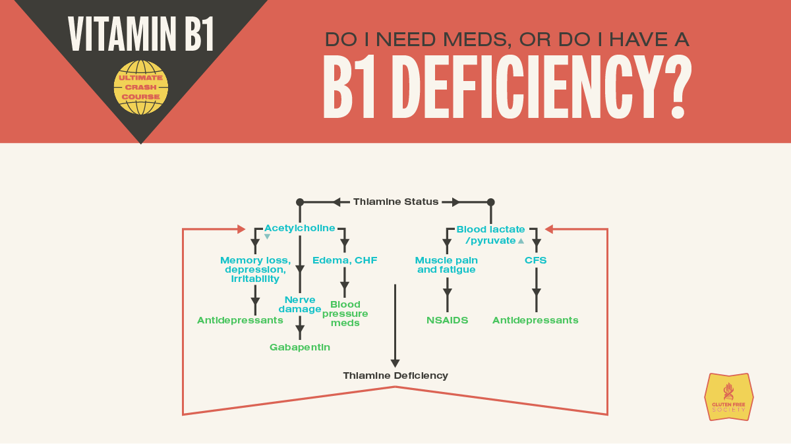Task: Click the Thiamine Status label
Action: coord(395,202)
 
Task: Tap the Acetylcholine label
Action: coord(299,228)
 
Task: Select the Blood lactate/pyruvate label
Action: coord(490,235)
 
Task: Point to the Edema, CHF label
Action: coord(345,260)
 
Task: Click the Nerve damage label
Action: coord(300,304)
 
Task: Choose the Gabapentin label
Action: coord(300,347)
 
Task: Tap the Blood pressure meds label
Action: coord(345,314)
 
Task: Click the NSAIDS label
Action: coord(447,320)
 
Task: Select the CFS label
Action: coord(536,260)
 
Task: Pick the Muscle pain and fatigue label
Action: coord(447,265)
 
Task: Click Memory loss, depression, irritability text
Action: coord(255,269)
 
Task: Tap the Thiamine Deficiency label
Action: coord(395,375)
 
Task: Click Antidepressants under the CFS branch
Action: coord(535,320)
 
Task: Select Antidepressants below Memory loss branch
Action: coord(240,320)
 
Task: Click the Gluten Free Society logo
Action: coord(728,397)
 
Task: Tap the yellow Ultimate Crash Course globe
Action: coord(141,87)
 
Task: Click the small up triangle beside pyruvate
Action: coord(521,241)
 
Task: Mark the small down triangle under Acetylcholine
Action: coord(267,236)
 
